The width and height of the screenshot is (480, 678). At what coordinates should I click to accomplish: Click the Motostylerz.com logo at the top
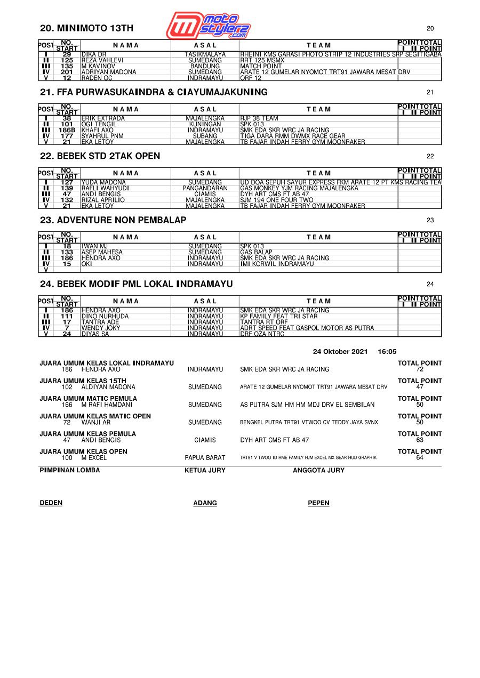point(208,25)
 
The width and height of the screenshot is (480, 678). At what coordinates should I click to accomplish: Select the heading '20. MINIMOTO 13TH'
point(87,28)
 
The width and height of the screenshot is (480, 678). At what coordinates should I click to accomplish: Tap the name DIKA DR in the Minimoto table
point(94,54)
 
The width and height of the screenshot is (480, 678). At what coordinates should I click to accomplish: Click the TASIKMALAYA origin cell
point(205,54)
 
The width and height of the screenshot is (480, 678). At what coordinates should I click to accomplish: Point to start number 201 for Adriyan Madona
point(67,72)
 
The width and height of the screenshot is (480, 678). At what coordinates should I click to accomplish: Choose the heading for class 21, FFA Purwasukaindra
point(154,92)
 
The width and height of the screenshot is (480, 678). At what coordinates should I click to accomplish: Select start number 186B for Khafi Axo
point(67,130)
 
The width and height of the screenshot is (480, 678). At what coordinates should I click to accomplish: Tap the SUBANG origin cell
point(205,136)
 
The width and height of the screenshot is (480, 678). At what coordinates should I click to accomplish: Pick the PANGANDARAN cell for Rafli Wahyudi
point(205,188)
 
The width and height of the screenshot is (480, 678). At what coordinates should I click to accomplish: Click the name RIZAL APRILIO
point(103,200)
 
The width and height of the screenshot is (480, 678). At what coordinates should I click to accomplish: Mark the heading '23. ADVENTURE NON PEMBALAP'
point(113,220)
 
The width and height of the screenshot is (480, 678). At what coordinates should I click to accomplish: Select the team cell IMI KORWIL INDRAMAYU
point(277,264)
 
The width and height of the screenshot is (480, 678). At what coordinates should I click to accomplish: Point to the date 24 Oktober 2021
point(340,352)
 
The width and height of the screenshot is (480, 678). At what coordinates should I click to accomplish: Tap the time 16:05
point(387,352)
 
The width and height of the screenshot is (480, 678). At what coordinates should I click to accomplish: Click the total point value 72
point(420,369)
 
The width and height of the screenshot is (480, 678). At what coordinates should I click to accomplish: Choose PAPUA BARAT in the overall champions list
point(205,458)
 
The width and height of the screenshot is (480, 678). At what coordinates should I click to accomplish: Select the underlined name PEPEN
point(318,503)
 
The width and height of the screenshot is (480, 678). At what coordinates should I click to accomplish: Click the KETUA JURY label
point(205,471)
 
